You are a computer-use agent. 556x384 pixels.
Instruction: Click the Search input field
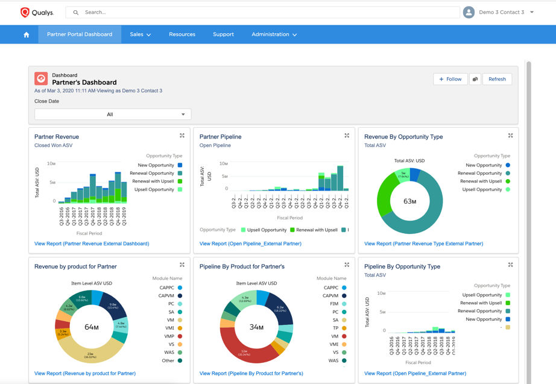265,12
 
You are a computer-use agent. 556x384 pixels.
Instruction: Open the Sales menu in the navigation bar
140,34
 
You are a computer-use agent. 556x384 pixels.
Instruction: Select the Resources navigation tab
182,34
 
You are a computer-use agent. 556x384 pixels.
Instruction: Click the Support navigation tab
223,34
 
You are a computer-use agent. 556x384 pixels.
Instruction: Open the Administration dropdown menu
274,34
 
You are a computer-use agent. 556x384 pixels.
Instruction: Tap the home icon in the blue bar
27,35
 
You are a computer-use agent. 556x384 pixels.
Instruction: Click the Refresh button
497,79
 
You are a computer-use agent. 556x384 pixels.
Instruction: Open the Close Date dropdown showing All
113,115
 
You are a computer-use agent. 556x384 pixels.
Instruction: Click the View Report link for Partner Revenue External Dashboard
92,244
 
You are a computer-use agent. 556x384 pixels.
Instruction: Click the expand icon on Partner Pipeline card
347,136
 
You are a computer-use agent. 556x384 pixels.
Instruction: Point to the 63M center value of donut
410,201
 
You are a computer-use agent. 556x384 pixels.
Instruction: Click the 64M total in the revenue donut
92,327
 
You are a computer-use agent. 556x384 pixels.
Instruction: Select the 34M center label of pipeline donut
256,327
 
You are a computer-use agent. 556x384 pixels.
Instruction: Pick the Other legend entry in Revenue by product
168,360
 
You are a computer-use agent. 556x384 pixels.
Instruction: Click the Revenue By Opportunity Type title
403,137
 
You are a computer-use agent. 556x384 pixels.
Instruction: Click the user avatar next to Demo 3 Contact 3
469,12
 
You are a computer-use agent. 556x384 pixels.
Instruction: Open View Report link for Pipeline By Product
251,373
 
